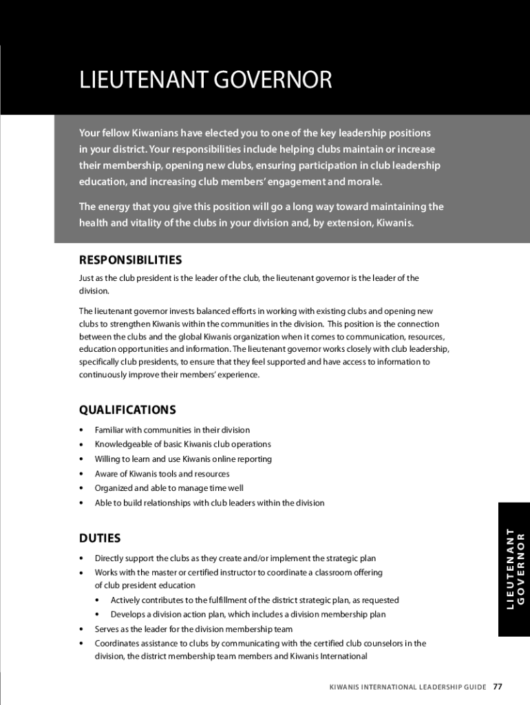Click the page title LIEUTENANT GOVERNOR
click(205, 81)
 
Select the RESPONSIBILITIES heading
click(130, 260)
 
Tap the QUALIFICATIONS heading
click(127, 410)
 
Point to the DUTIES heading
click(100, 538)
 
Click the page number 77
click(498, 687)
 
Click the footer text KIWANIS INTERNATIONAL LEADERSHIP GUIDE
click(407, 687)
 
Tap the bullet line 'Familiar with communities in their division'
click(172, 430)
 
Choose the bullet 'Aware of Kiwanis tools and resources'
click(162, 474)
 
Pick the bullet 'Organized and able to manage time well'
click(169, 488)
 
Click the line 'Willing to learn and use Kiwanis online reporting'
click(183, 459)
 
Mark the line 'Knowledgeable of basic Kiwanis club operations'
click(182, 444)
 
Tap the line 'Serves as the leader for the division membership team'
click(193, 629)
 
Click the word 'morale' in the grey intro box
click(364, 182)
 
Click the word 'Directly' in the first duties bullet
click(109, 558)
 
